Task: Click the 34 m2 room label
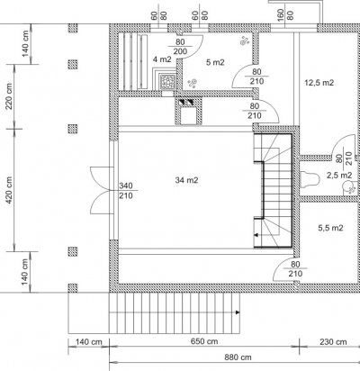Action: click(x=186, y=180)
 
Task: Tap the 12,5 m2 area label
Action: click(x=319, y=83)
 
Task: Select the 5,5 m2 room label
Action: click(x=330, y=228)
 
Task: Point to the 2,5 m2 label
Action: click(x=339, y=175)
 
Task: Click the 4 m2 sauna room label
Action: click(x=162, y=59)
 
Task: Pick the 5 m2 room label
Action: click(x=215, y=62)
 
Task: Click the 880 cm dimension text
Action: click(x=238, y=357)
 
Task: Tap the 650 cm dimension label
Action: click(x=204, y=341)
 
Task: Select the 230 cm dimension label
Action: click(x=333, y=341)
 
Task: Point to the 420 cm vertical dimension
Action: click(x=9, y=190)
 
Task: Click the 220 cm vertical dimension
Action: click(x=9, y=96)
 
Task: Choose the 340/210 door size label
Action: click(x=126, y=191)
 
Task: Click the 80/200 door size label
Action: click(x=180, y=47)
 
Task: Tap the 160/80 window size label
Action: click(x=285, y=14)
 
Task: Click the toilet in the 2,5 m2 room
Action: click(x=309, y=179)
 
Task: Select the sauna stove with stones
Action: click(x=167, y=81)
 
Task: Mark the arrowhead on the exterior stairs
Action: click(x=238, y=312)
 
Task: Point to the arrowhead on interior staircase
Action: click(x=256, y=235)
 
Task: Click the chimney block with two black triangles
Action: click(x=186, y=102)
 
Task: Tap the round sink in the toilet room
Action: click(x=347, y=186)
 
